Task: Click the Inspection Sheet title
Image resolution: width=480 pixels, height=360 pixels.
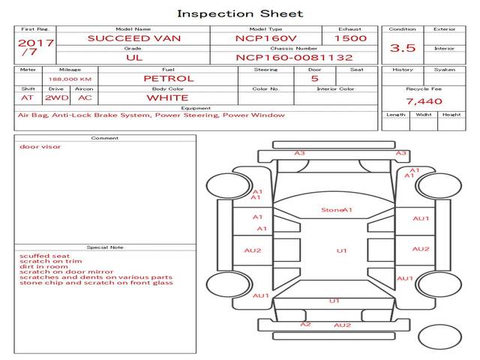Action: [240, 13]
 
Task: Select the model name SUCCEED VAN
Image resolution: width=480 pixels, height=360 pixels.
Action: [134, 38]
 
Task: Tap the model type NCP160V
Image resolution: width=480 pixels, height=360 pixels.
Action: [265, 38]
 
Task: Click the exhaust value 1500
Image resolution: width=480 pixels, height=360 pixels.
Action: [350, 38]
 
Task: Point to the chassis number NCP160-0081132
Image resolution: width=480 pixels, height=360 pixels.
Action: [294, 58]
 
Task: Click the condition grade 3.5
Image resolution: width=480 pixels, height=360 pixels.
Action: [403, 48]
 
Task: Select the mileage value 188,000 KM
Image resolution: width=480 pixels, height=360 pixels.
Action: [70, 79]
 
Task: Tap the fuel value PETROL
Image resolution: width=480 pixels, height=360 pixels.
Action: [169, 79]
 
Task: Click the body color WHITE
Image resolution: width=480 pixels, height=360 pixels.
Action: [167, 98]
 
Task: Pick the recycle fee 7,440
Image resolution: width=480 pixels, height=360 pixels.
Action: [424, 101]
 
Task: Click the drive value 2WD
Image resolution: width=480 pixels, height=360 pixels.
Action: [57, 98]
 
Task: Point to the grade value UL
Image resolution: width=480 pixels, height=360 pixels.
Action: [134, 58]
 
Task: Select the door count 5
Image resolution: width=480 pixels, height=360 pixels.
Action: [315, 79]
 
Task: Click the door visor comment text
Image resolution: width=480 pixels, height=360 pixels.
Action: [40, 147]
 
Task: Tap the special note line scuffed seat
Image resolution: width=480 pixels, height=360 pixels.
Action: [45, 256]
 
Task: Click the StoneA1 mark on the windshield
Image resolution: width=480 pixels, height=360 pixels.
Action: [337, 210]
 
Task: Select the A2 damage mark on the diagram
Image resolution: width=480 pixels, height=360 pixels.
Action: [305, 324]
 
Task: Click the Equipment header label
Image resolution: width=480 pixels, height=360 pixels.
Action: [196, 108]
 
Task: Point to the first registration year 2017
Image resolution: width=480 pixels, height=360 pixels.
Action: [36, 43]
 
